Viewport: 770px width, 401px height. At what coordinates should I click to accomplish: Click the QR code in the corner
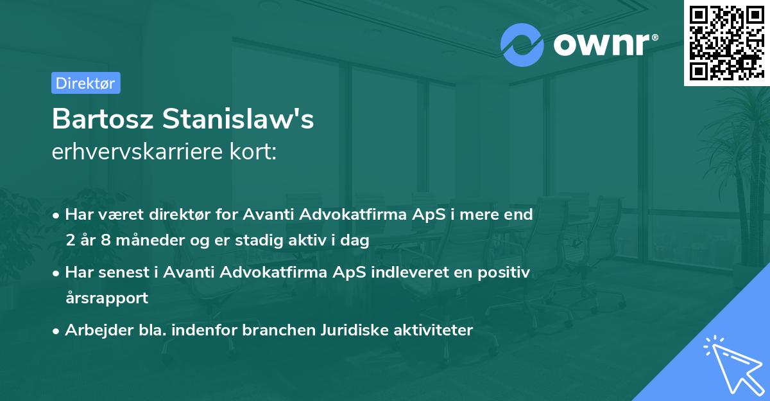point(726,42)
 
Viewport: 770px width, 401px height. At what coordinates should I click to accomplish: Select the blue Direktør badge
point(85,83)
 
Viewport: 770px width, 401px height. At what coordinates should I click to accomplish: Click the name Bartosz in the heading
point(103,120)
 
